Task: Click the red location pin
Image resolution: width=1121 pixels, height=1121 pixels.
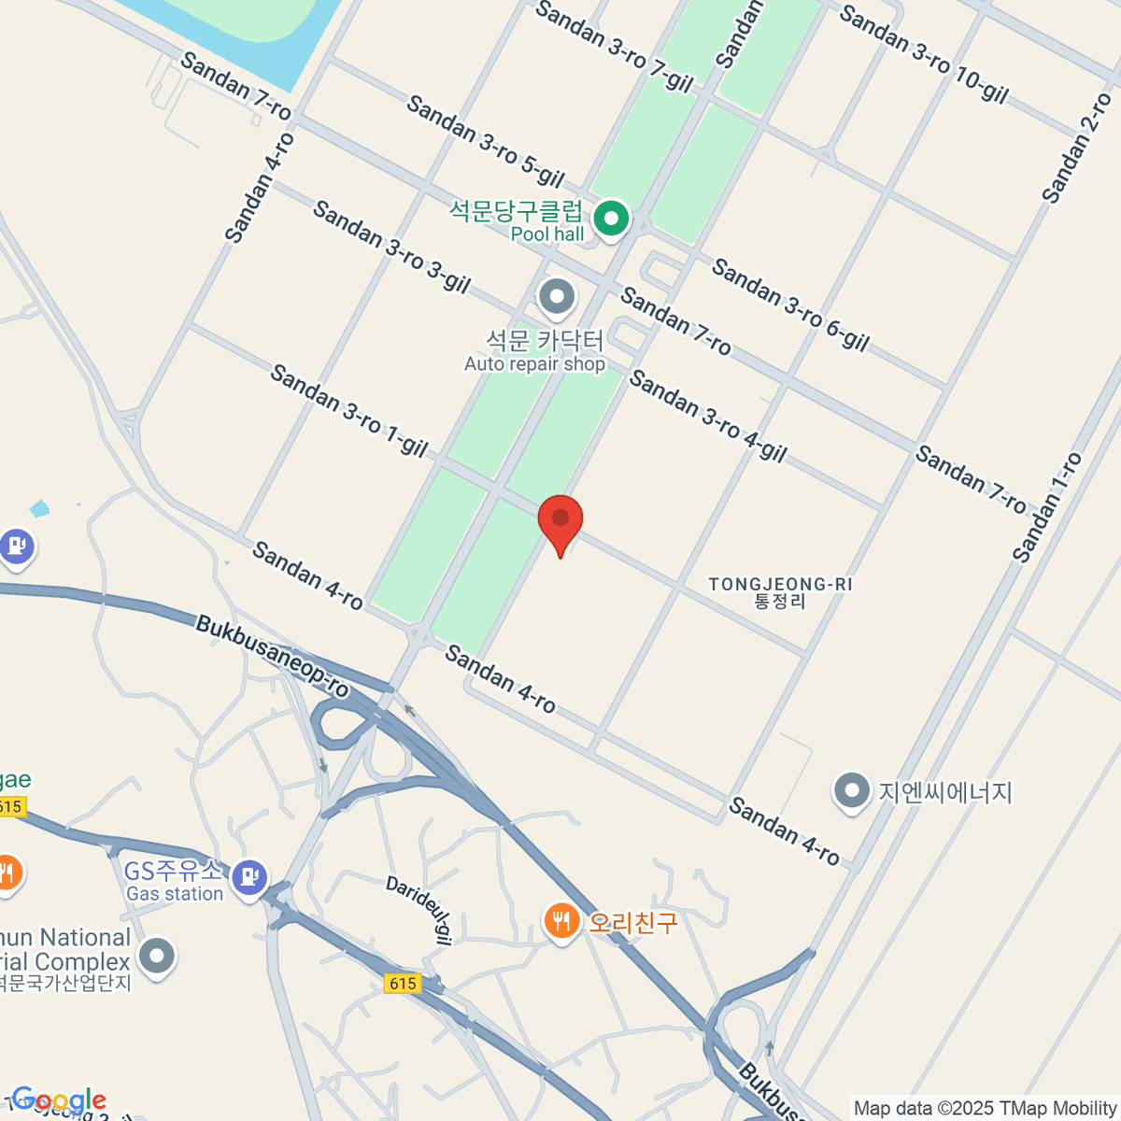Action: pyautogui.click(x=560, y=519)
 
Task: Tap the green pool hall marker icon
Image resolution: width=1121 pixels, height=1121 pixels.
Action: pyautogui.click(x=612, y=220)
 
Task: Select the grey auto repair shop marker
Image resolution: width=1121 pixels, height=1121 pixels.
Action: pyautogui.click(x=558, y=298)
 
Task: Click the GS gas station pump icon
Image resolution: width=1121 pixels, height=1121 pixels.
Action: pyautogui.click(x=249, y=876)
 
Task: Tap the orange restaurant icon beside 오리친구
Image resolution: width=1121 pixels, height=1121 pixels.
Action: pyautogui.click(x=560, y=923)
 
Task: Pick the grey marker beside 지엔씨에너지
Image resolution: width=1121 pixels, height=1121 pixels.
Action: pyautogui.click(x=851, y=792)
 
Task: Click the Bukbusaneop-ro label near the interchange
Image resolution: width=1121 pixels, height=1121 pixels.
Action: pyautogui.click(x=272, y=656)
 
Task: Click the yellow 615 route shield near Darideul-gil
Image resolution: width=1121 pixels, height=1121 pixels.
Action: pyautogui.click(x=403, y=983)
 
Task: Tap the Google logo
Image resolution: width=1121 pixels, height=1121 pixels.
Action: pyautogui.click(x=59, y=1100)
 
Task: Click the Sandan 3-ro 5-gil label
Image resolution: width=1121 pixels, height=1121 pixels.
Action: pyautogui.click(x=486, y=140)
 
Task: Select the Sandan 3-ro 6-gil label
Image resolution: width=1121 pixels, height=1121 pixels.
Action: pyautogui.click(x=790, y=305)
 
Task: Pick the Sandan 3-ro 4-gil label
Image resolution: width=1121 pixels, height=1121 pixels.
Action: pyautogui.click(x=708, y=416)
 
